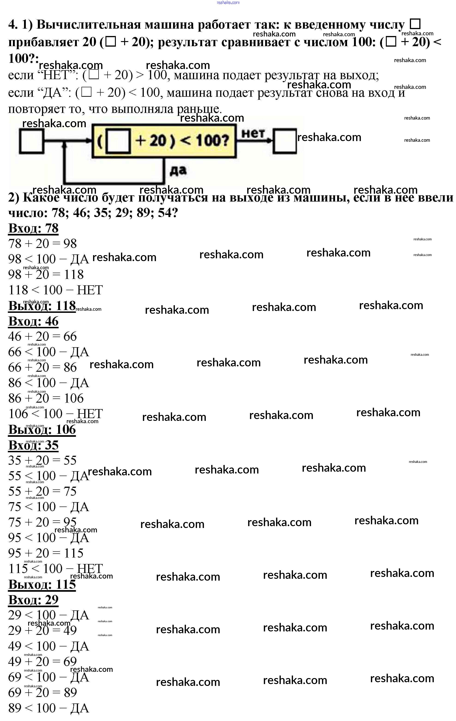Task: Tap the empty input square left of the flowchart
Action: (31, 141)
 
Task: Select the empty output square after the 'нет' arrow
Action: (285, 141)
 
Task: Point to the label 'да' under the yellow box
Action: (178, 170)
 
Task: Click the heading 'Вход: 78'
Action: (33, 228)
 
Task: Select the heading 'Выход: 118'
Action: (42, 306)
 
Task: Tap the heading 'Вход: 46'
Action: (33, 321)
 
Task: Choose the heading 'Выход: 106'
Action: (42, 430)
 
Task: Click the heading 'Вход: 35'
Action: (33, 445)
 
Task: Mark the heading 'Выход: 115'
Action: (42, 585)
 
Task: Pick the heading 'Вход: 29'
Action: (33, 600)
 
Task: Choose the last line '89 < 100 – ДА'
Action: (48, 709)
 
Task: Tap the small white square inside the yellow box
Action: (118, 141)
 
